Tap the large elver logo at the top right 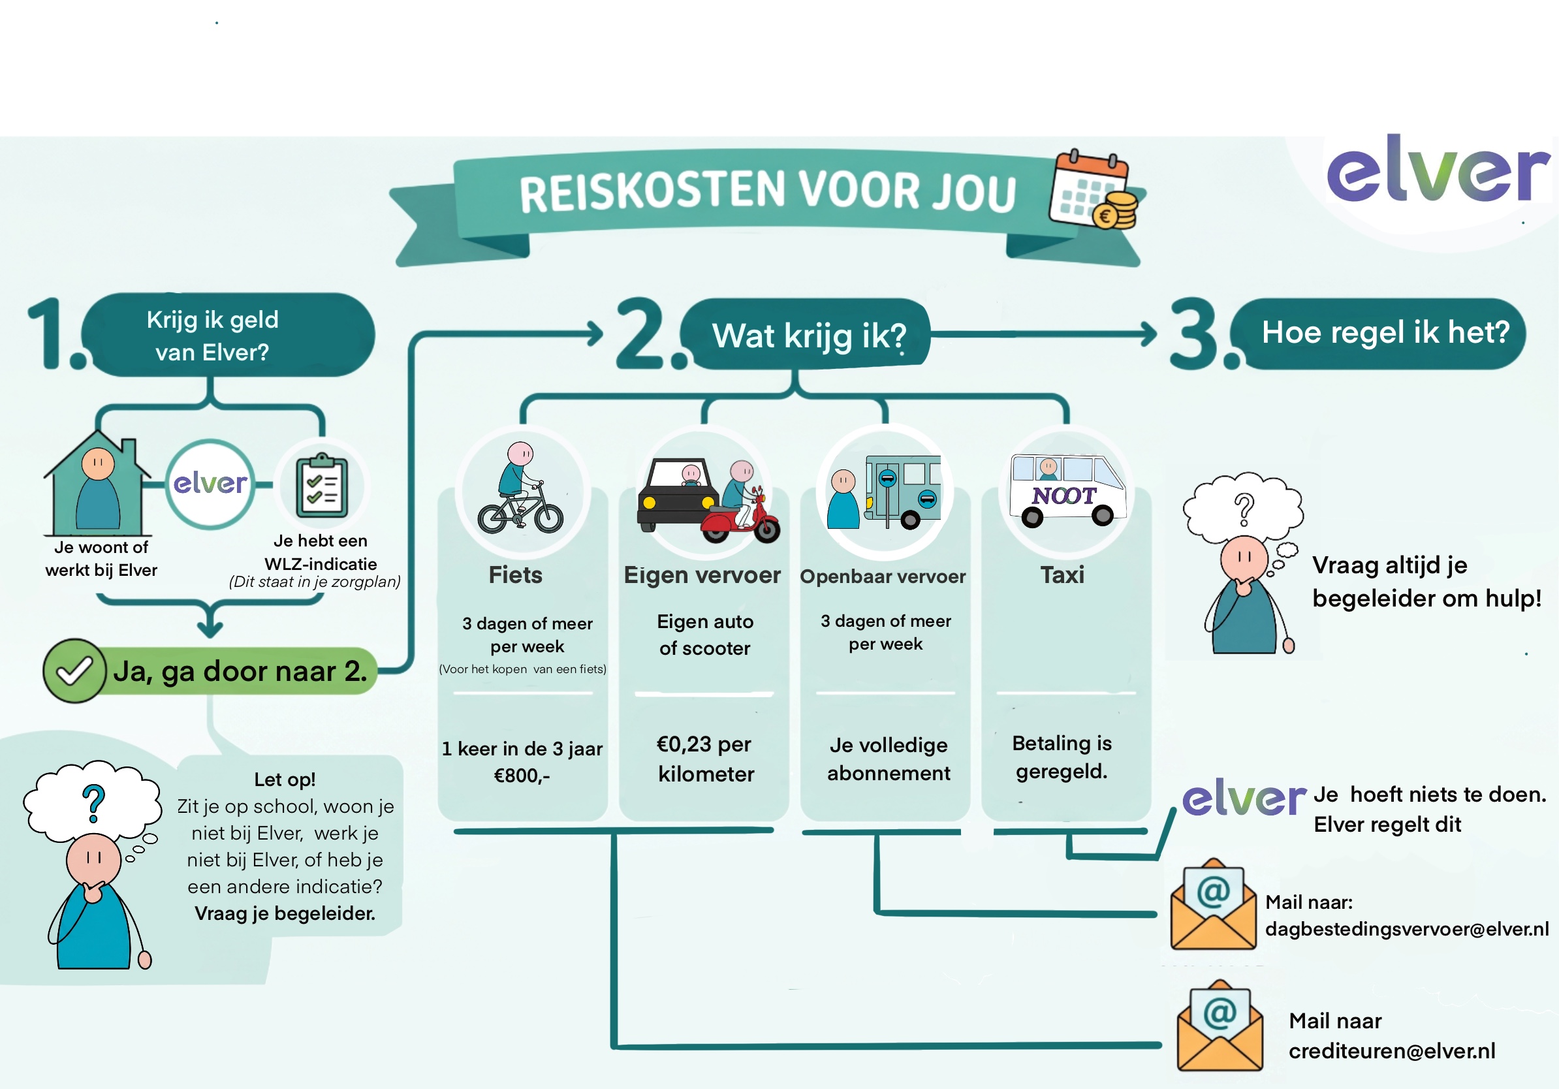coord(1438,169)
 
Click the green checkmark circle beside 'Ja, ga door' coord(74,671)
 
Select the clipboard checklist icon coord(322,486)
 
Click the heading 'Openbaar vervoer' coord(883,576)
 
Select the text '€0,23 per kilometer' coord(706,759)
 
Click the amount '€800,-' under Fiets coord(522,776)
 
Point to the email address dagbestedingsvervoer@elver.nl coord(1407,929)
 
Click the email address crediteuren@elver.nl coord(1392,1051)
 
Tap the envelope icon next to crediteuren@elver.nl coord(1220,1026)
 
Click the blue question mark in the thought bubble coord(94,803)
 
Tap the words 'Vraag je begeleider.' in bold coord(285,913)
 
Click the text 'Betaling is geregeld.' coord(1062,757)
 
